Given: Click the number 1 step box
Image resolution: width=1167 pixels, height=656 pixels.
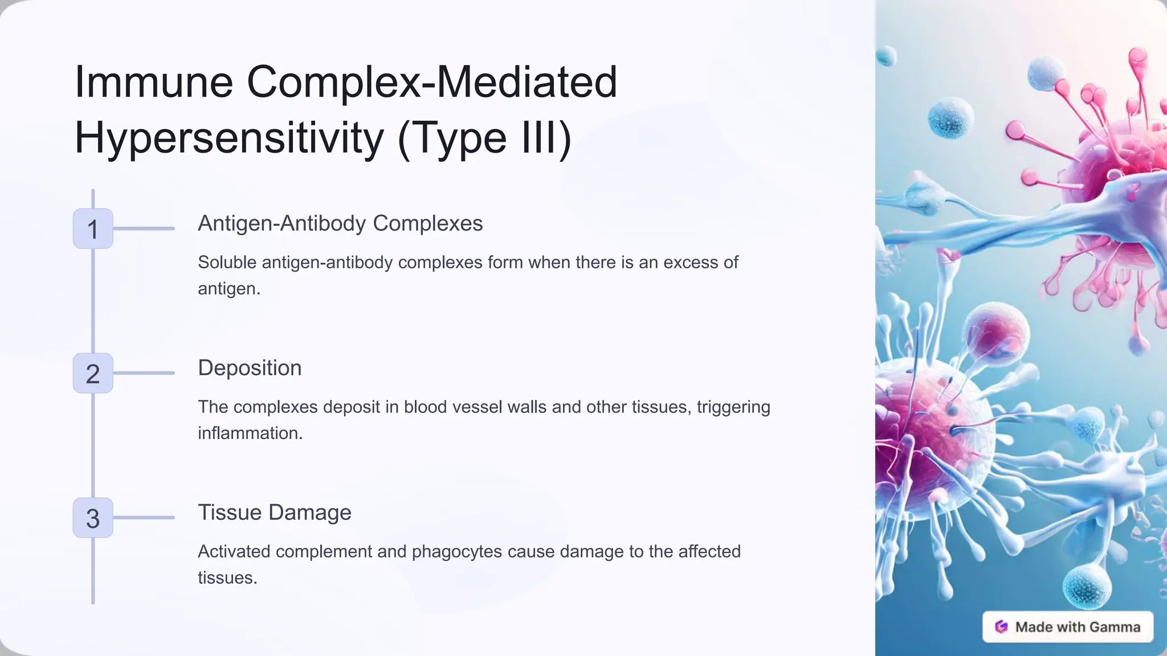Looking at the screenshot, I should point(93,228).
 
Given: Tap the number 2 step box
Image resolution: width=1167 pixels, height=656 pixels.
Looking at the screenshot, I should point(93,373).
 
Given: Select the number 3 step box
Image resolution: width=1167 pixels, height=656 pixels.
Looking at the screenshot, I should point(93,518).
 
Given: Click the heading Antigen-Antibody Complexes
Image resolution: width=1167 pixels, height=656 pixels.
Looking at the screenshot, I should point(340,223).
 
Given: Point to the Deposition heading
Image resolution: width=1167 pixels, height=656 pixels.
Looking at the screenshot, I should point(250,368).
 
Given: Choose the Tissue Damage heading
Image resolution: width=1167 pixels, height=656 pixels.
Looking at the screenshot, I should point(274,512).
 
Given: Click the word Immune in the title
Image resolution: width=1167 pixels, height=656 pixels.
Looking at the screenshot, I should point(154,82).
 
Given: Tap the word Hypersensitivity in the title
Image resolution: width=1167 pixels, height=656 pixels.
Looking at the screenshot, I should point(229,138).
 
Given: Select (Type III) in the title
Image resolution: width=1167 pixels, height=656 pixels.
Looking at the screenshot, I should point(484,138).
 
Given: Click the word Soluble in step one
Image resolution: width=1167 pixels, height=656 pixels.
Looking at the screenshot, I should point(227,263).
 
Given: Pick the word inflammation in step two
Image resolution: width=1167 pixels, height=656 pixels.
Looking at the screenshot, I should point(250,433).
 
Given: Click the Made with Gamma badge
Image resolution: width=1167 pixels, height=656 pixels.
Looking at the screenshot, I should point(1068,627).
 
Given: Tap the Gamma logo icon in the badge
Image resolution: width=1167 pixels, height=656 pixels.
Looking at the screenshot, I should point(1001,627).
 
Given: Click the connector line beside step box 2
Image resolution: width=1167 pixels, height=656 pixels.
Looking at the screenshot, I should point(144,373).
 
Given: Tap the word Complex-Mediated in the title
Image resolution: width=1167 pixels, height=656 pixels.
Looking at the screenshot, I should point(432,82).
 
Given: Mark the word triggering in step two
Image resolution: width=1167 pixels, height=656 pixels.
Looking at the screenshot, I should point(733,407).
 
